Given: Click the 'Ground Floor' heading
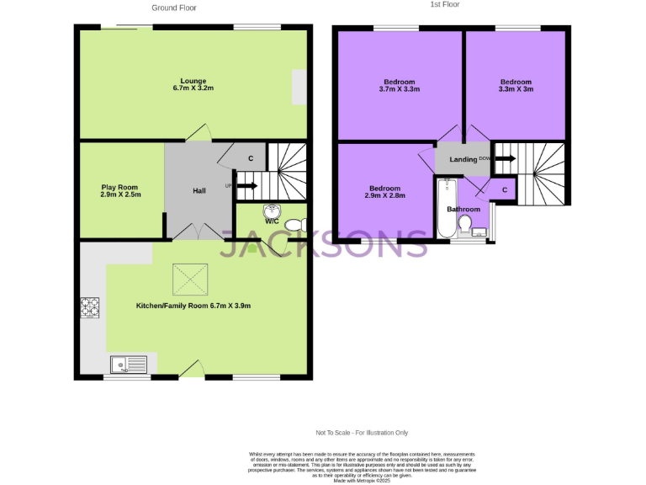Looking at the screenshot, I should point(173,8).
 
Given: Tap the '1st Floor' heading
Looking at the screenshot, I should point(445,4).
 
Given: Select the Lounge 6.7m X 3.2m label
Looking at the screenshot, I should point(193,84).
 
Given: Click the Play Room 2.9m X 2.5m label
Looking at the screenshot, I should point(120,190).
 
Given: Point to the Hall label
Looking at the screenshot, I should point(199,191).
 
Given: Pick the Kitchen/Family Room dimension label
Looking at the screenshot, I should point(193,306).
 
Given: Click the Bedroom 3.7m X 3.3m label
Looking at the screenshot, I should point(399,85).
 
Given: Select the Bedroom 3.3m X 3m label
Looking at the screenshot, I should point(516,85).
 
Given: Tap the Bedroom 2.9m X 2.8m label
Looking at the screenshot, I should point(385,191).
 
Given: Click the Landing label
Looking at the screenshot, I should point(463,159).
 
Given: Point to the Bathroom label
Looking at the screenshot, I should point(463,209).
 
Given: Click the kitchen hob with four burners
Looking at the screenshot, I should point(89,308).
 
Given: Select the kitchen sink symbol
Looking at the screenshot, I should point(129,365).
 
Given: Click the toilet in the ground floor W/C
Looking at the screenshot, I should point(294,225).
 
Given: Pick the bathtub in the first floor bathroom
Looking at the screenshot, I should point(446,209).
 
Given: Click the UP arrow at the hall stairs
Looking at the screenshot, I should point(246,185).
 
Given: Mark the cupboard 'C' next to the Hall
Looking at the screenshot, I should point(250,158).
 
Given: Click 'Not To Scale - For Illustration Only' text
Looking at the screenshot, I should point(362,433).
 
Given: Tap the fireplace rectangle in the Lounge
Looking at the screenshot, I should point(299,88).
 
